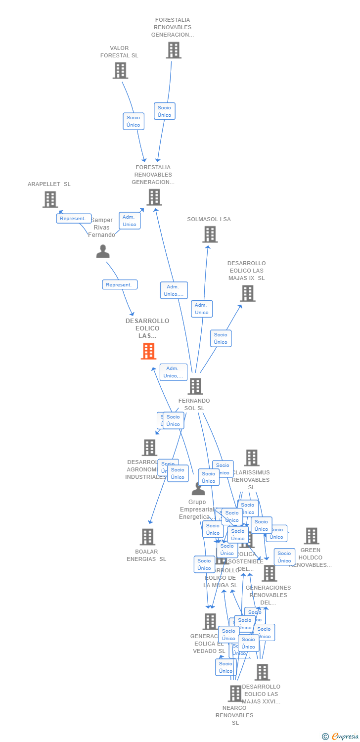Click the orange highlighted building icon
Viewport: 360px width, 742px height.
tap(148, 351)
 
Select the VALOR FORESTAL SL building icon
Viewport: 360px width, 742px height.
tap(120, 71)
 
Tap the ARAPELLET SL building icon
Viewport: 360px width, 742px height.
tap(50, 199)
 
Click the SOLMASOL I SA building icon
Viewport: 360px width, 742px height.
tap(210, 234)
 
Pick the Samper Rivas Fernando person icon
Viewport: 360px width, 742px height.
tap(103, 252)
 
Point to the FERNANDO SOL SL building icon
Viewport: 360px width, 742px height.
tap(195, 386)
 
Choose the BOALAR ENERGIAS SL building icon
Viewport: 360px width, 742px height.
tap(147, 537)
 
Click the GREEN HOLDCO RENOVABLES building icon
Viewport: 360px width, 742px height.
tap(311, 536)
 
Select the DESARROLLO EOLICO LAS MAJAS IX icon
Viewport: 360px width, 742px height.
tap(247, 293)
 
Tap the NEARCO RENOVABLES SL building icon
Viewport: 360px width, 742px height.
tap(235, 694)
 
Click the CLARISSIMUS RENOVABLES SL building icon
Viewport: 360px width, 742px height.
tap(251, 458)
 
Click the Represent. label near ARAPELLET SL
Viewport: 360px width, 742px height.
tap(73, 218)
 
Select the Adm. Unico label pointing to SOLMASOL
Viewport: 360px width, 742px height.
tap(202, 309)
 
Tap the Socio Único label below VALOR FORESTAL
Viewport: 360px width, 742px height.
tap(134, 121)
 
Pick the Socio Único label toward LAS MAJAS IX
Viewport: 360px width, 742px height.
tap(221, 338)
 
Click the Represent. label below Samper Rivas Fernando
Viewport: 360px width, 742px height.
tap(120, 284)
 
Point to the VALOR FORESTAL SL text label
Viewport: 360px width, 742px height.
tap(119, 52)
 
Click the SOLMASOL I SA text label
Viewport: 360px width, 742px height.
tap(209, 219)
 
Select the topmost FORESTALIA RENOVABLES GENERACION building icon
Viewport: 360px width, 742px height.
tap(174, 50)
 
